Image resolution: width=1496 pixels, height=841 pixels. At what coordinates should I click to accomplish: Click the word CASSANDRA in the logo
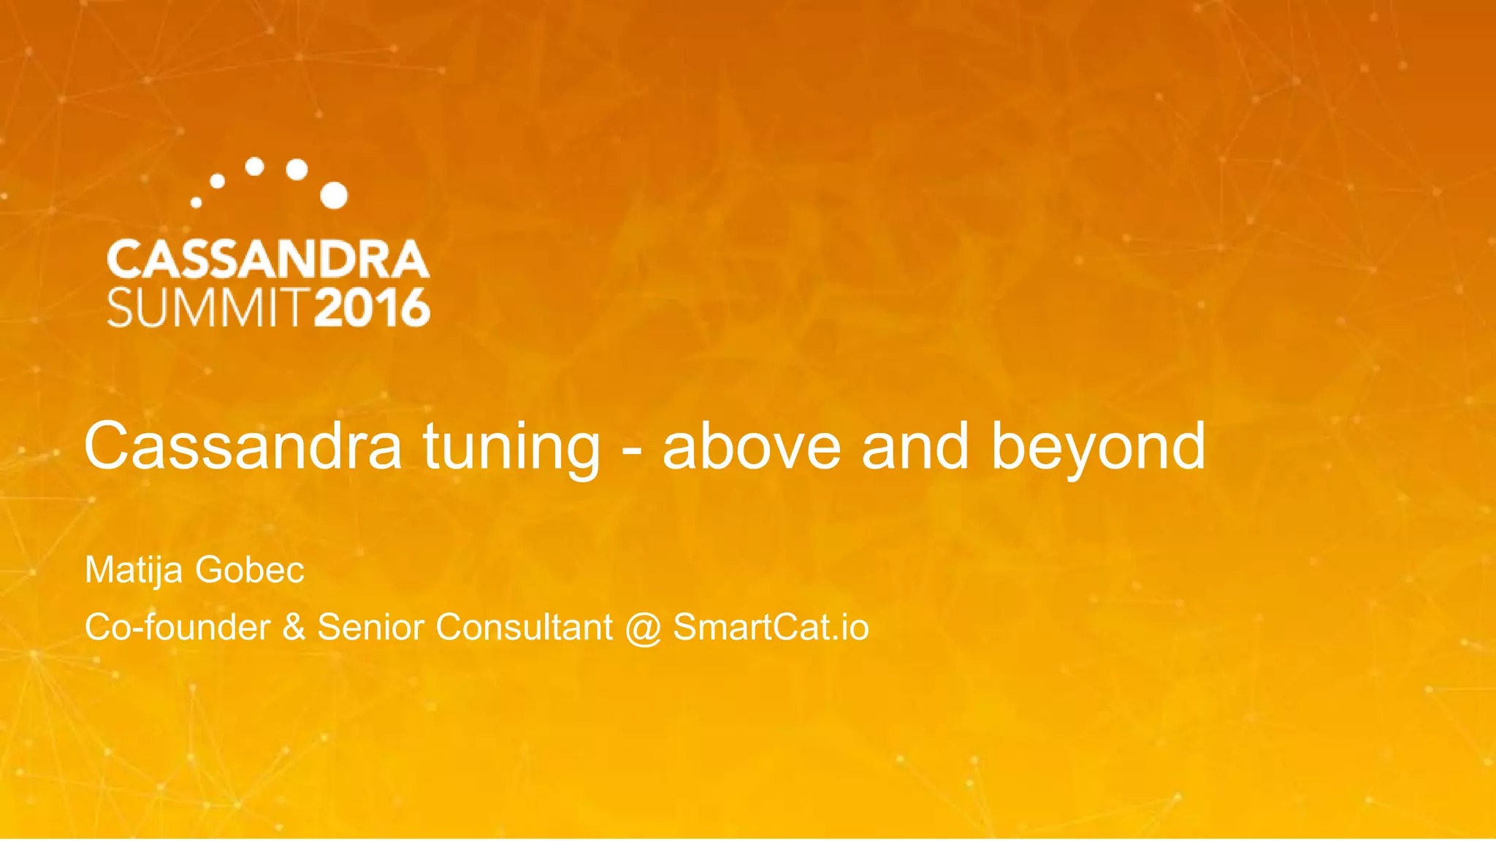point(268,259)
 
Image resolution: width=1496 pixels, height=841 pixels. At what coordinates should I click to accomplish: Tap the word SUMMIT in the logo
point(207,307)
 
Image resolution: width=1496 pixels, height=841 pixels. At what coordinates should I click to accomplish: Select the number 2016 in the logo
point(373,307)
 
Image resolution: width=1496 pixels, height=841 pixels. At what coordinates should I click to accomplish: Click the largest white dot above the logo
point(334,195)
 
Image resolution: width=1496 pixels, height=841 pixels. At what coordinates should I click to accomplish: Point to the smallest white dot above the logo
point(196,202)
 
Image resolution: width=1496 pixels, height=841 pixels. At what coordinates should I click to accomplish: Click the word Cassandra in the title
point(243,445)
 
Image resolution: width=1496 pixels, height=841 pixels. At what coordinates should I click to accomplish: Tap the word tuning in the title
point(511,447)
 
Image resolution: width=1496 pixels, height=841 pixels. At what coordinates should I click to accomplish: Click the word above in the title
point(752,445)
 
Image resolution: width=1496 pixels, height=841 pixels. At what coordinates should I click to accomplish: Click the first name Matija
point(133,570)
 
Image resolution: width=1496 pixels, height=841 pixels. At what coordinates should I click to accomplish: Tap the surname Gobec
point(249,569)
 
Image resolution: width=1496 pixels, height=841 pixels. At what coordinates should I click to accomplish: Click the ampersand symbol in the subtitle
point(294,627)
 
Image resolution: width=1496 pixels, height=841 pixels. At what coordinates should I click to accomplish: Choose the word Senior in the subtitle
point(370,627)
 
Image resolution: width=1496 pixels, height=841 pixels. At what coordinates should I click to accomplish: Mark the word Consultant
point(524,627)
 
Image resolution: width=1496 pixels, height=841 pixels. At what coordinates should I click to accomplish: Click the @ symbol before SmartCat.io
point(643,629)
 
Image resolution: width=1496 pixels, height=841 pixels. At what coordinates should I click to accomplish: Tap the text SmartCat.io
point(771,627)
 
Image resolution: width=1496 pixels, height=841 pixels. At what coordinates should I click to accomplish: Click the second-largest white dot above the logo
point(297,169)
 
